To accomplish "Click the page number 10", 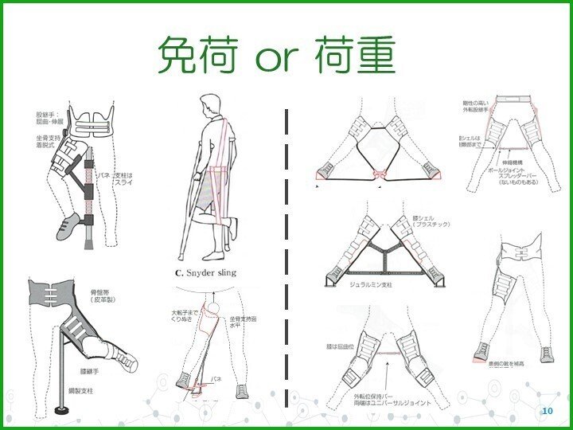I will [x=546, y=410].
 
